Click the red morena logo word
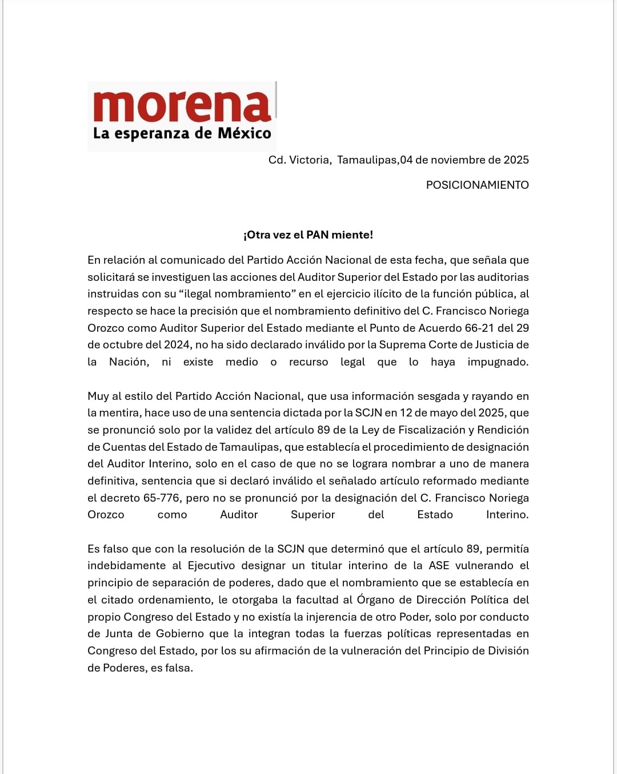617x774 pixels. pyautogui.click(x=182, y=106)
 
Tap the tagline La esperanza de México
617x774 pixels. pyautogui.click(x=182, y=134)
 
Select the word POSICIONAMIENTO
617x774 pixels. pyautogui.click(x=477, y=185)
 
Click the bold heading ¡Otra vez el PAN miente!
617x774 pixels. pyautogui.click(x=308, y=235)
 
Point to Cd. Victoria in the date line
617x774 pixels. pyautogui.click(x=299, y=160)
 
